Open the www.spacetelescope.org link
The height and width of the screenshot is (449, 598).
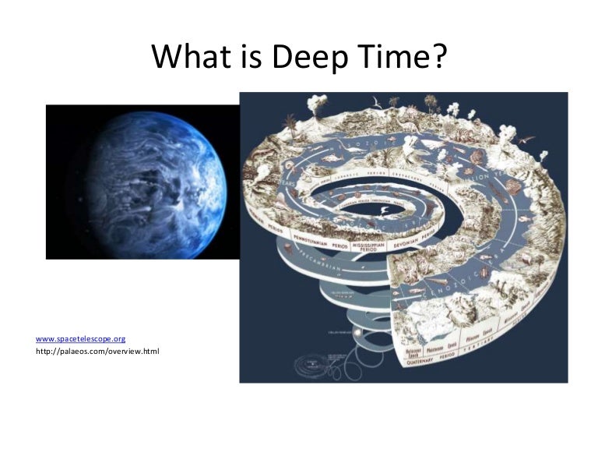click(x=81, y=339)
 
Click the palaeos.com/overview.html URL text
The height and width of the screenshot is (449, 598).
click(x=97, y=352)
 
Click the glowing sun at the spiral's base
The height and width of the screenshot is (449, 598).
click(x=359, y=334)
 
